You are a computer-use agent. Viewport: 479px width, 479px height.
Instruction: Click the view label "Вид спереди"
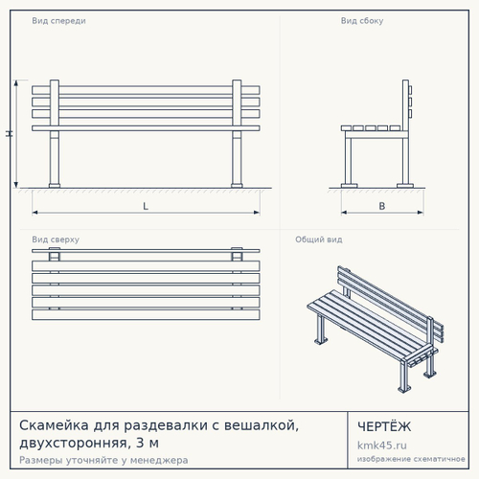pyautogui.click(x=58, y=21)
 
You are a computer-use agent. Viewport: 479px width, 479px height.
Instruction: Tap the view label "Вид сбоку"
pyautogui.click(x=362, y=21)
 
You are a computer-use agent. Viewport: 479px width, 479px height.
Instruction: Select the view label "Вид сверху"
pyautogui.click(x=56, y=239)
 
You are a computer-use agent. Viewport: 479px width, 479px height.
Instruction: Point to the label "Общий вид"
pyautogui.click(x=319, y=239)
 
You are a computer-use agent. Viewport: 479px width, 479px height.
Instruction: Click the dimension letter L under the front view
pyautogui.click(x=146, y=206)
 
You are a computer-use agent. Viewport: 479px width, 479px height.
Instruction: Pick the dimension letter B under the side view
pyautogui.click(x=382, y=206)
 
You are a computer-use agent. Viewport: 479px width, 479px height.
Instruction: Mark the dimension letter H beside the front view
pyautogui.click(x=10, y=134)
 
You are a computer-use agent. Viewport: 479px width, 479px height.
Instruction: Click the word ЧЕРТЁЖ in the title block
pyautogui.click(x=384, y=426)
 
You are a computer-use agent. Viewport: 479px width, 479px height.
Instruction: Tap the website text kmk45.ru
pyautogui.click(x=382, y=445)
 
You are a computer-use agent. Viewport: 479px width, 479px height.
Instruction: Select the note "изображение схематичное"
pyautogui.click(x=411, y=459)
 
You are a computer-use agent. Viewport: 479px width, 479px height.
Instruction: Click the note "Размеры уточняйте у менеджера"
pyautogui.click(x=103, y=460)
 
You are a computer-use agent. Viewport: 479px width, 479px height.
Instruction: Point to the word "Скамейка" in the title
pyautogui.click(x=54, y=425)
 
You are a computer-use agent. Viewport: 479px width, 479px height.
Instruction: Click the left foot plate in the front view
pyautogui.click(x=55, y=186)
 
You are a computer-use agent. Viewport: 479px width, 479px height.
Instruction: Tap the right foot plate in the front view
pyautogui.click(x=237, y=186)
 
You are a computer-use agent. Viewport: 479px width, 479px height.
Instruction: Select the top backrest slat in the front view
pyautogui.click(x=146, y=90)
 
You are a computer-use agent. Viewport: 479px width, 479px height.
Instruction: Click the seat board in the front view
pyautogui.click(x=146, y=128)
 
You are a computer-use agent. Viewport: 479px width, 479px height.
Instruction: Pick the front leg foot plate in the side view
pyautogui.click(x=350, y=186)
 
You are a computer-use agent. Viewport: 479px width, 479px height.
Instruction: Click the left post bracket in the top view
pyautogui.click(x=54, y=255)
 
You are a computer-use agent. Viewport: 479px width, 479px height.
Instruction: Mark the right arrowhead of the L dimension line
pyautogui.click(x=257, y=213)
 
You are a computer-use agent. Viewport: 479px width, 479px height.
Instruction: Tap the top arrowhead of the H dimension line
pyautogui.click(x=16, y=83)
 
